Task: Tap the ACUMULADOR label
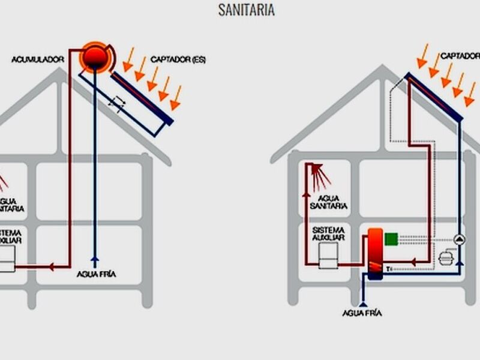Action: tap(38, 59)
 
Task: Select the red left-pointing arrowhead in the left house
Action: tap(52, 266)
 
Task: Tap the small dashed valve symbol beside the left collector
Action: tap(116, 103)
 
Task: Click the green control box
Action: tap(392, 239)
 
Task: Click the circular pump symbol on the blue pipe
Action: tap(459, 239)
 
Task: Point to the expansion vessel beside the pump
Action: tap(445, 258)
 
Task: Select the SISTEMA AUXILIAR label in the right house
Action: tap(329, 234)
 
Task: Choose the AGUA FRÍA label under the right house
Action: tap(362, 313)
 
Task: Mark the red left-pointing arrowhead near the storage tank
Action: tap(414, 262)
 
